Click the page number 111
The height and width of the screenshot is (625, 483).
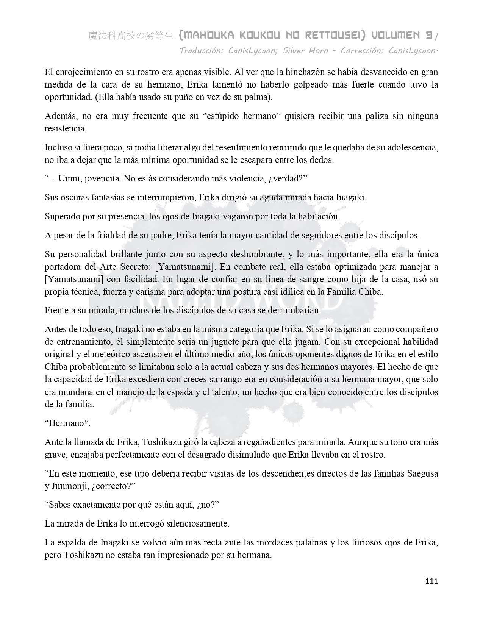tap(431, 581)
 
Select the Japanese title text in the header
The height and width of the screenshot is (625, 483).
tap(131, 36)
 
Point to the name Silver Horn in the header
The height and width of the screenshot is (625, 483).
tap(305, 51)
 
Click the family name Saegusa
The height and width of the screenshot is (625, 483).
tap(421, 473)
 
